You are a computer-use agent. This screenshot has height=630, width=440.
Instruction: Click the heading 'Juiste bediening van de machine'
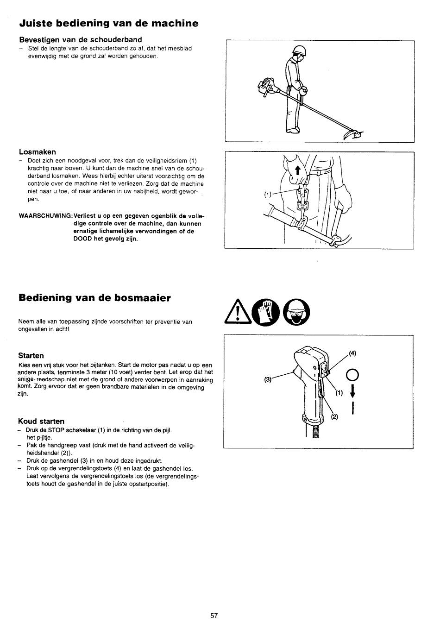[x=108, y=23]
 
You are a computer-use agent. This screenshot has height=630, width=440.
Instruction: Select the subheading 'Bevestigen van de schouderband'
[x=80, y=39]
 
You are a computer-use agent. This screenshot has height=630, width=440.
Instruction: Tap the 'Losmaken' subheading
[x=37, y=151]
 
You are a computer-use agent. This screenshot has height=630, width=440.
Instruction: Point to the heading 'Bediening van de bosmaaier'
[x=94, y=297]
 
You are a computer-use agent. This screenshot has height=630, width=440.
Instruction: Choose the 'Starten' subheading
[x=31, y=355]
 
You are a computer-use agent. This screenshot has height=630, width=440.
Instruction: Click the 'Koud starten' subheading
[x=41, y=421]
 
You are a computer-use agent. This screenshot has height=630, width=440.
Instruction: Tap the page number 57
[x=214, y=615]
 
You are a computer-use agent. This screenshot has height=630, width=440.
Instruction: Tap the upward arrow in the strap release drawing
[x=298, y=171]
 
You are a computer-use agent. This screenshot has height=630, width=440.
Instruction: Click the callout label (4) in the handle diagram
[x=352, y=353]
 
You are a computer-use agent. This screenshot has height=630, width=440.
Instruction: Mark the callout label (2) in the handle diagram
[x=334, y=416]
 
